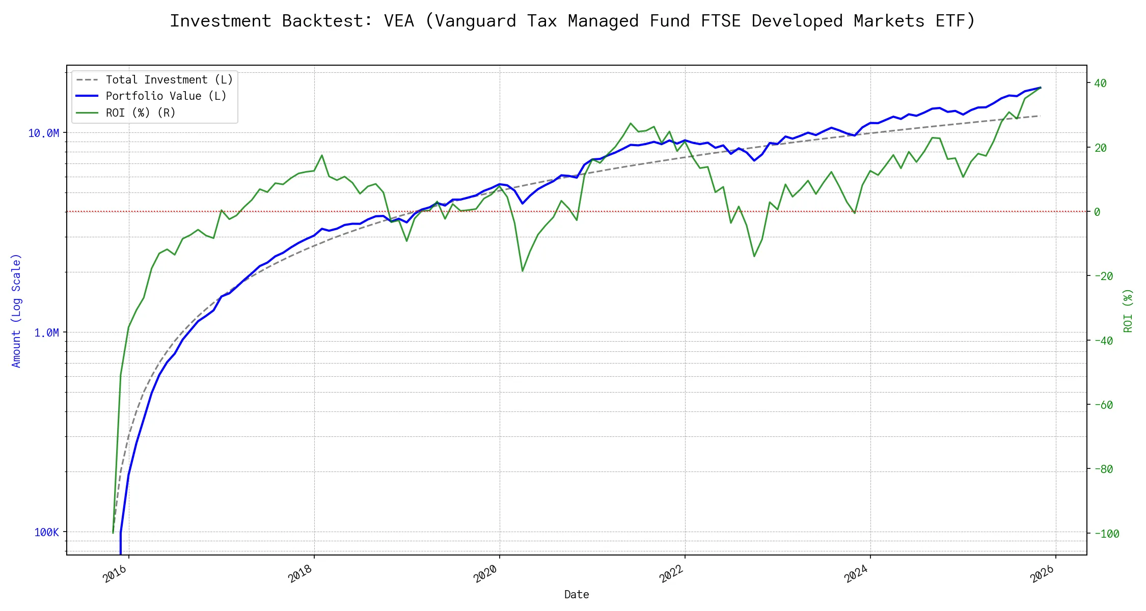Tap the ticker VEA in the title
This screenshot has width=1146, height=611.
click(x=399, y=21)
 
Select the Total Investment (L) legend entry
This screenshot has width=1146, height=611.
click(x=169, y=80)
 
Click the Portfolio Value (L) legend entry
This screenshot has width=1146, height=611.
click(x=166, y=96)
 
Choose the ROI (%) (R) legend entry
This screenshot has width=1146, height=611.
click(x=140, y=113)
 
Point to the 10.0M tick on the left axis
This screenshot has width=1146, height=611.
click(x=44, y=133)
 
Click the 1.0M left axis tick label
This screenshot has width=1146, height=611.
click(x=46, y=333)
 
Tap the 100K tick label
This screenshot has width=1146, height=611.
click(x=46, y=533)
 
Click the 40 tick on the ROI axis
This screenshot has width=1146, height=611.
click(x=1100, y=84)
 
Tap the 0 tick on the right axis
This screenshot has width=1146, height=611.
click(x=1097, y=212)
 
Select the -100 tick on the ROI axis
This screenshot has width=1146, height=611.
click(x=1107, y=534)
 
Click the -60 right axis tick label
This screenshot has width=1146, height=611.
click(x=1104, y=405)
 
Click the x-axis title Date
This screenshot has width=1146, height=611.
click(x=577, y=595)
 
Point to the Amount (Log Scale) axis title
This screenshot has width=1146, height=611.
click(x=16, y=311)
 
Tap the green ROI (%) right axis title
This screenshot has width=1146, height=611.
click(x=1128, y=311)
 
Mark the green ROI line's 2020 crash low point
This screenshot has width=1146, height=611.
click(x=523, y=271)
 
